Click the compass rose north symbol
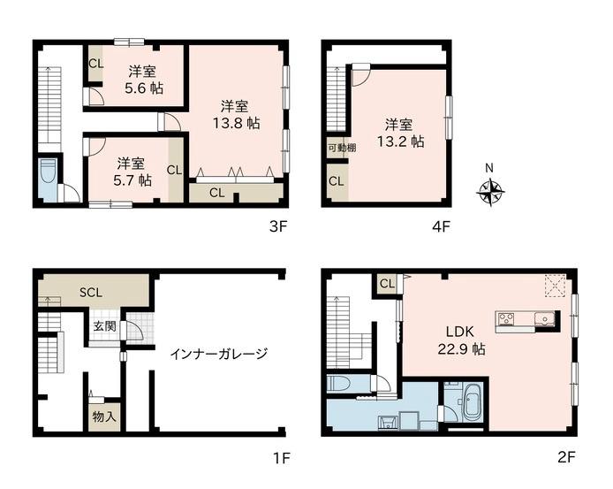tap(491, 192)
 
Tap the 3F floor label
tap(278, 226)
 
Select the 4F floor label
tap(442, 226)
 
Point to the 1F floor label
tap(281, 458)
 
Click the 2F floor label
tap(566, 457)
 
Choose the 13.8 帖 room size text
tap(236, 123)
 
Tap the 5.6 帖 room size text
tap(144, 88)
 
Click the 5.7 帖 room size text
tap(132, 180)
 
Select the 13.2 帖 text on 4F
tap(400, 141)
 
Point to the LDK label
tap(460, 332)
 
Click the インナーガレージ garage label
tap(219, 354)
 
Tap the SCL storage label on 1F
tap(91, 293)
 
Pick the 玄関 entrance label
tap(105, 325)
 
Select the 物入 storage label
tap(104, 416)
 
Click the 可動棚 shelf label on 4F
tap(342, 148)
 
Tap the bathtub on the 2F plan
tap(473, 404)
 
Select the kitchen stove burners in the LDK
tap(505, 318)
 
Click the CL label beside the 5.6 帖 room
tap(95, 64)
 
